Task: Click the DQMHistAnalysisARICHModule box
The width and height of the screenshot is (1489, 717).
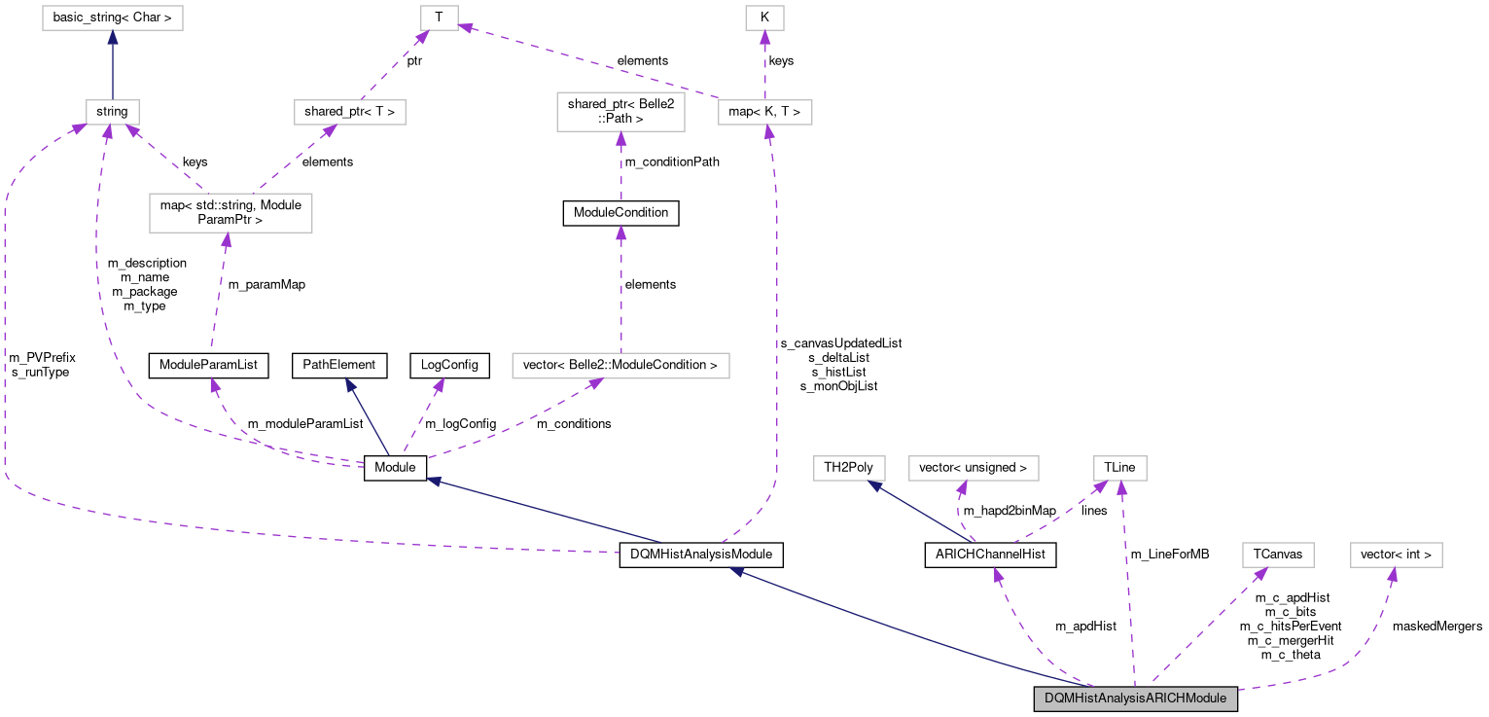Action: click(1135, 699)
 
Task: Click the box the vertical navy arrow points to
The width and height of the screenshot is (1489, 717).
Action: click(113, 18)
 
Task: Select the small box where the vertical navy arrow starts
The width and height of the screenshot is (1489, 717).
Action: click(113, 112)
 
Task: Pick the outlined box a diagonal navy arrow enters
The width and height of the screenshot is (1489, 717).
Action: click(849, 468)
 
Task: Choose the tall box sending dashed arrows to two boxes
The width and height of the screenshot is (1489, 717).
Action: click(230, 213)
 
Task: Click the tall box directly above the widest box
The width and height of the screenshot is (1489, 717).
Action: click(620, 112)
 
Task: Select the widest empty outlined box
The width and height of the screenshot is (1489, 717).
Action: click(620, 366)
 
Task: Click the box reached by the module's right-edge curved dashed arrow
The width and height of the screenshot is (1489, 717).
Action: click(1396, 555)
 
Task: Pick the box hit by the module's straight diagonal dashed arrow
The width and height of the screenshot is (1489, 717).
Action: click(1278, 555)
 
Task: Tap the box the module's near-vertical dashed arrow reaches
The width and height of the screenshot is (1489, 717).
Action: click(1120, 468)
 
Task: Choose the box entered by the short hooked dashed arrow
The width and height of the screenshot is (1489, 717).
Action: click(974, 468)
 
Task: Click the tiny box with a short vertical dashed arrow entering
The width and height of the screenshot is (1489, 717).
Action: click(764, 18)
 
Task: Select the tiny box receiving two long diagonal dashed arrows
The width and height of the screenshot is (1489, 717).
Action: click(440, 18)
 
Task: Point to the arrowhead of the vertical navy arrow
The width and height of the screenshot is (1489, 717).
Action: click(113, 38)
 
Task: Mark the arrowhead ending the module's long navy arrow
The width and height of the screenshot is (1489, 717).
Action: click(737, 572)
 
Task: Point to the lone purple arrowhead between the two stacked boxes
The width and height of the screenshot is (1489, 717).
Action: click(620, 233)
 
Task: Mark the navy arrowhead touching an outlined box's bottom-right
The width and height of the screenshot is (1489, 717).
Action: click(875, 485)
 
